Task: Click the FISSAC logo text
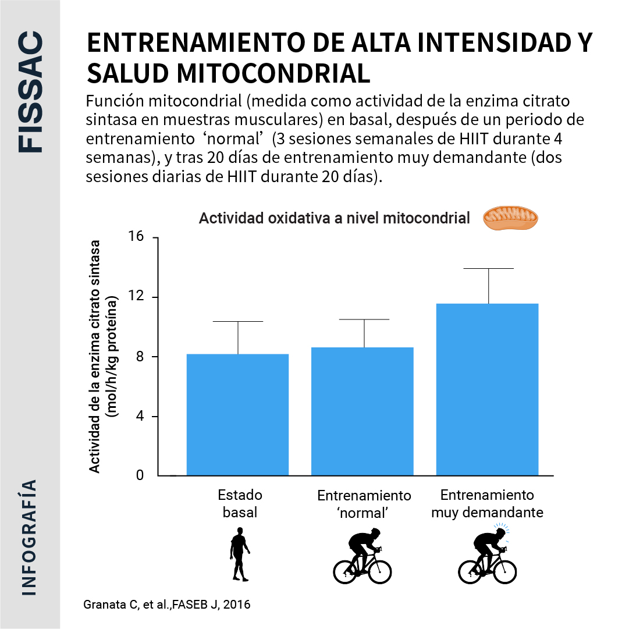tap(30, 93)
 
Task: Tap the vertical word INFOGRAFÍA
tap(30, 537)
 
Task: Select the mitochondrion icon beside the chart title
tap(510, 218)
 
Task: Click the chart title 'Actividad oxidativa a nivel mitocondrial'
tap(334, 219)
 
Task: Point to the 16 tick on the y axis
tap(137, 238)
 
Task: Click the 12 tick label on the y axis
tap(137, 297)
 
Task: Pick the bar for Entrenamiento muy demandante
tap(488, 389)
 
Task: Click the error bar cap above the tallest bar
tap(488, 268)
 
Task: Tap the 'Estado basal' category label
tap(240, 504)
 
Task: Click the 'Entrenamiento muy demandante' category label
tap(487, 504)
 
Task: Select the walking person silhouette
tap(239, 555)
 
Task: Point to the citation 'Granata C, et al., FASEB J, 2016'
tap(168, 605)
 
